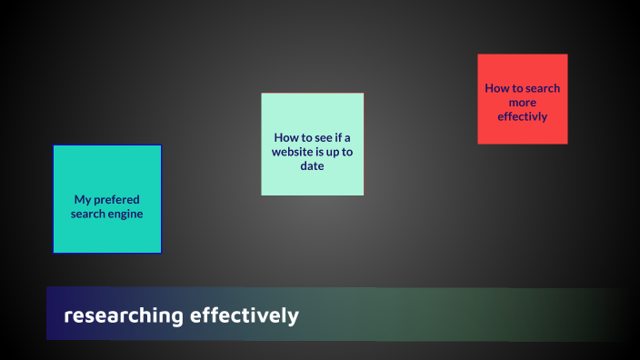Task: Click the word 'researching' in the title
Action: (x=123, y=316)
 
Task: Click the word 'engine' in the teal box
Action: (x=125, y=214)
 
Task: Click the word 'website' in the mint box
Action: (x=292, y=152)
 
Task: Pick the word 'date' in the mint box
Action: (x=312, y=166)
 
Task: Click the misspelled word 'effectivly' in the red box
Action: (x=523, y=116)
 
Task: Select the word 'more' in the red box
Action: (x=523, y=102)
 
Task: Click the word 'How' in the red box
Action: (x=497, y=88)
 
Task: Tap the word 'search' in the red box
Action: (x=542, y=88)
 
